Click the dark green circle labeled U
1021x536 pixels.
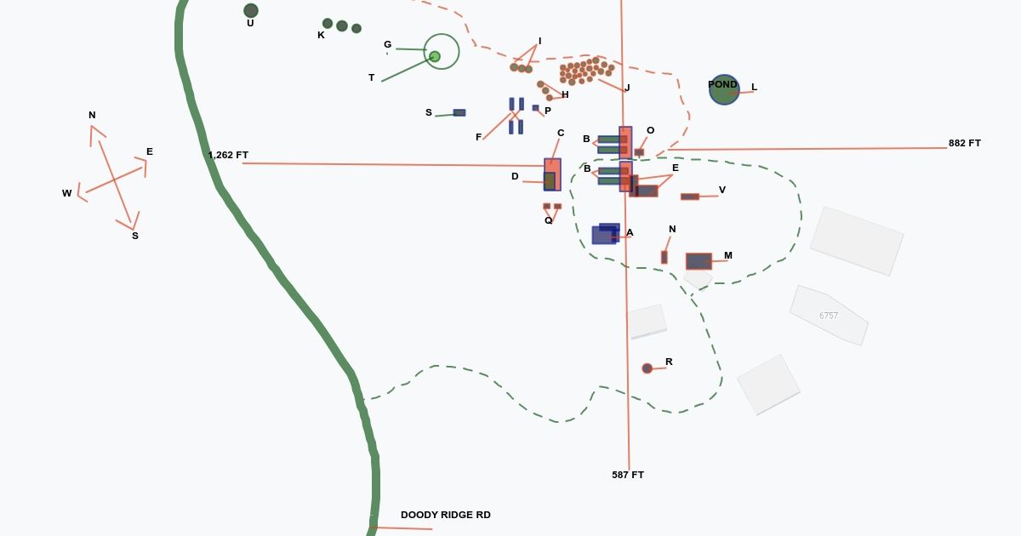pyautogui.click(x=251, y=10)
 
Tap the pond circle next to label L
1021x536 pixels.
pyautogui.click(x=724, y=89)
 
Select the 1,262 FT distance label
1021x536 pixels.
pyautogui.click(x=228, y=156)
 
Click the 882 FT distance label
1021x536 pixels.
pyautogui.click(x=965, y=144)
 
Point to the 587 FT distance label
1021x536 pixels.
pyautogui.click(x=628, y=475)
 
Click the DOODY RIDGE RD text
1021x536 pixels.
pyautogui.click(x=446, y=515)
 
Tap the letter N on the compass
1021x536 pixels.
pyautogui.click(x=92, y=116)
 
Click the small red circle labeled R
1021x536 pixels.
pyautogui.click(x=647, y=368)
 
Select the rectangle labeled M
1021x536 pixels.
pyautogui.click(x=699, y=261)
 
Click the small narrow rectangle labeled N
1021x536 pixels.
pyautogui.click(x=665, y=257)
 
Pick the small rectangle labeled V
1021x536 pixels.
pyautogui.click(x=690, y=197)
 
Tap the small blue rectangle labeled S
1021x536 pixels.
pyautogui.click(x=459, y=112)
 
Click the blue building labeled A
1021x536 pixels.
pyautogui.click(x=605, y=234)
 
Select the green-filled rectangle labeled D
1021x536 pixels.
pyautogui.click(x=550, y=180)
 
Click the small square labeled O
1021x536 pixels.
pyautogui.click(x=639, y=152)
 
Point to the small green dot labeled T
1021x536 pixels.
pyautogui.click(x=435, y=56)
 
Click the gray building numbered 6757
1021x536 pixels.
pyautogui.click(x=829, y=316)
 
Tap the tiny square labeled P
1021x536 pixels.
pyautogui.click(x=535, y=108)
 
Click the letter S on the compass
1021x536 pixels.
pyautogui.click(x=134, y=236)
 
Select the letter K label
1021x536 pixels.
pyautogui.click(x=321, y=36)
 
